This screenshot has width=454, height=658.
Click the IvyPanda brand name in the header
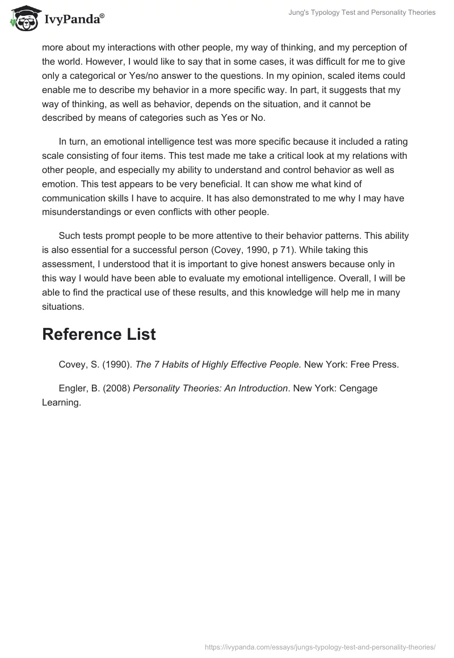pos(74,20)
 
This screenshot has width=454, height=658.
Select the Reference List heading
pos(99,334)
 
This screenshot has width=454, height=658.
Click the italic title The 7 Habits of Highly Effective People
pos(218,365)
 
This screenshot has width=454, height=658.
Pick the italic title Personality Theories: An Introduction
pos(211,389)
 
